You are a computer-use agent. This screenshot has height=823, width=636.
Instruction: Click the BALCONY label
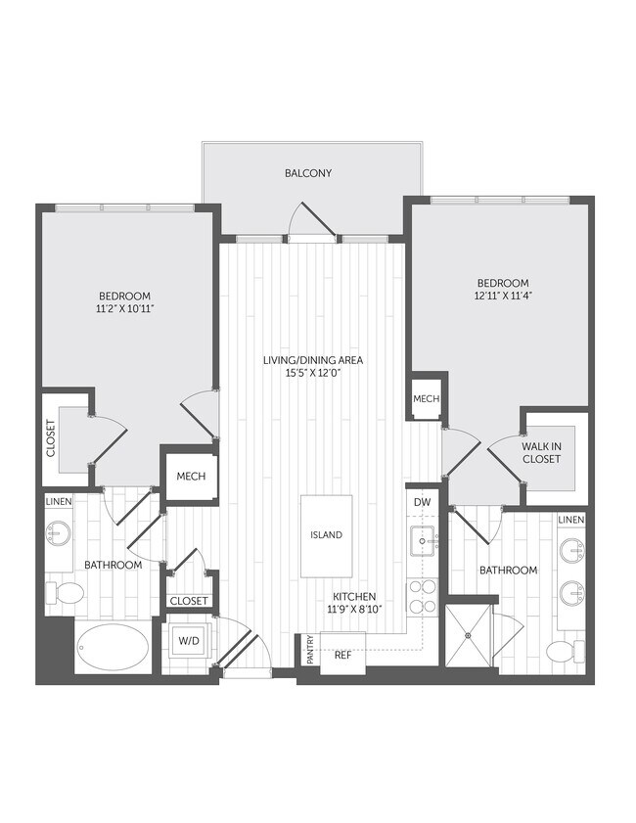point(308,173)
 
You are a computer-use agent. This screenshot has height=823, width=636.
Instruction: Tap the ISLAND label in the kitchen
point(327,535)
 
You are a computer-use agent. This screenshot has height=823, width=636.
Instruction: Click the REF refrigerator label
point(342,657)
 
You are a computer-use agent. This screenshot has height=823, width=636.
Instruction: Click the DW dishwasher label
point(422,502)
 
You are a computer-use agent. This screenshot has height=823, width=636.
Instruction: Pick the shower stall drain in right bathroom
point(468,636)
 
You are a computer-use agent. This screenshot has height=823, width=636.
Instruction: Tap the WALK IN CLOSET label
point(541,451)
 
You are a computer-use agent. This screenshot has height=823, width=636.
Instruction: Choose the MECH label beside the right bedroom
point(426,399)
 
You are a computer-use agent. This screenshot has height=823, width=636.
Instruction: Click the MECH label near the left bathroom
point(190,477)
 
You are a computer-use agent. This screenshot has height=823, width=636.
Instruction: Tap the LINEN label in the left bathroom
point(58,502)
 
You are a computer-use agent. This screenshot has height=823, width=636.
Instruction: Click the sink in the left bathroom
point(56,534)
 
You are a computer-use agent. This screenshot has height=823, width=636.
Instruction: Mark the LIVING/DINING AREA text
point(313,360)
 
